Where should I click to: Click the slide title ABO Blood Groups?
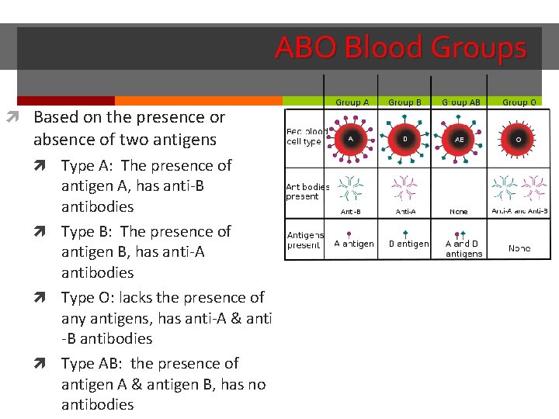pyautogui.click(x=401, y=48)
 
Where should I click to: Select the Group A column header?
pyautogui.click(x=352, y=102)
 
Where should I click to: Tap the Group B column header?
pyautogui.click(x=404, y=102)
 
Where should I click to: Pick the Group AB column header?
pyautogui.click(x=461, y=102)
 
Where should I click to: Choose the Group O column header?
pyautogui.click(x=519, y=102)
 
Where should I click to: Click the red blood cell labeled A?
pyautogui.click(x=350, y=139)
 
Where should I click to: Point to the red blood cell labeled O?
pyautogui.click(x=519, y=140)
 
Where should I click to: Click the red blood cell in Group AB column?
pyautogui.click(x=460, y=140)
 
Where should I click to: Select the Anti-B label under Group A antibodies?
pyautogui.click(x=350, y=211)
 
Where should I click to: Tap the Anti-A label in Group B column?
pyautogui.click(x=405, y=211)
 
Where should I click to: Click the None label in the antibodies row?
pyautogui.click(x=459, y=211)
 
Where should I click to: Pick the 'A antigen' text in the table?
pyautogui.click(x=353, y=244)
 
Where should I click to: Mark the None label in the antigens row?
pyautogui.click(x=519, y=248)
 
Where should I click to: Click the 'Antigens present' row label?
pyautogui.click(x=304, y=240)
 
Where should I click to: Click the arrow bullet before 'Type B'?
pyautogui.click(x=48, y=231)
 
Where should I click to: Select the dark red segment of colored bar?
pyautogui.click(x=66, y=101)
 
